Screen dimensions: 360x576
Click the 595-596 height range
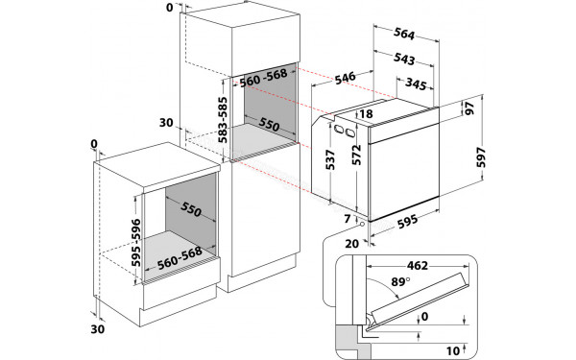pos(135,236)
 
